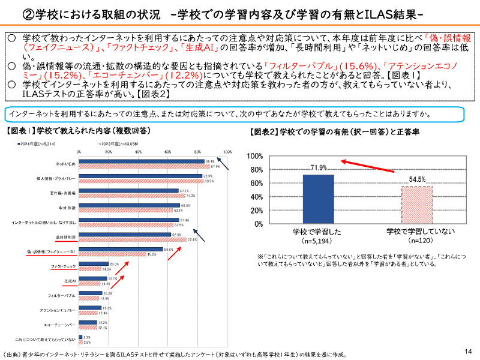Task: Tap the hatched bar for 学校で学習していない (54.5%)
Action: (416, 205)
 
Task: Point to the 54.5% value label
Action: (418, 179)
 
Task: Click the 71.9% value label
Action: (318, 167)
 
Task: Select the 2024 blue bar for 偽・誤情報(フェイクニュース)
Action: (121, 249)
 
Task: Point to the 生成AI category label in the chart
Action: (70, 281)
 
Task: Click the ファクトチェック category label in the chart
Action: (62, 265)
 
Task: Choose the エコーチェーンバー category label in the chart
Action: (59, 324)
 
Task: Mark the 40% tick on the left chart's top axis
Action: (138, 152)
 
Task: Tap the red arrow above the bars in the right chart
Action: (367, 166)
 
